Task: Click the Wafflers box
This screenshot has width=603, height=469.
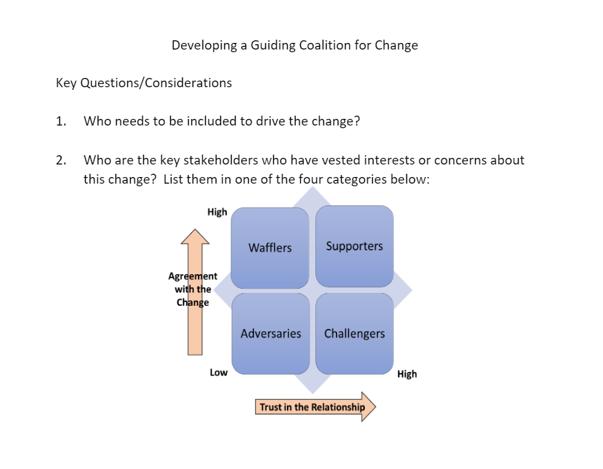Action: tap(270, 248)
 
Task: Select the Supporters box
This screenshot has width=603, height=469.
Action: tap(354, 246)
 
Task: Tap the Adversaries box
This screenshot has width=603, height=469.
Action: tap(270, 334)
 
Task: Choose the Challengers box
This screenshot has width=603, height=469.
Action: tap(354, 334)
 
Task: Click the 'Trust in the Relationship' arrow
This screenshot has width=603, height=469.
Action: tap(315, 407)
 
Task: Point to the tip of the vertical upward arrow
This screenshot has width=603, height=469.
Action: tap(195, 229)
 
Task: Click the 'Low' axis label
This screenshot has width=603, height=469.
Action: tap(218, 373)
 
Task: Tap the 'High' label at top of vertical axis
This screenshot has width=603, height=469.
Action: tap(217, 212)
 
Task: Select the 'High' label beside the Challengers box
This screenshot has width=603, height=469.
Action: tap(407, 374)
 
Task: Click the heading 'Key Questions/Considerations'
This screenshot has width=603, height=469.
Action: tap(144, 83)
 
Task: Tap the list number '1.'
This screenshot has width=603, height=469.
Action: tap(61, 122)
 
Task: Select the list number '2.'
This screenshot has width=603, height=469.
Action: tap(61, 160)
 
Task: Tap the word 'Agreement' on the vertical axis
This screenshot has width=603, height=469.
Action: tap(193, 276)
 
